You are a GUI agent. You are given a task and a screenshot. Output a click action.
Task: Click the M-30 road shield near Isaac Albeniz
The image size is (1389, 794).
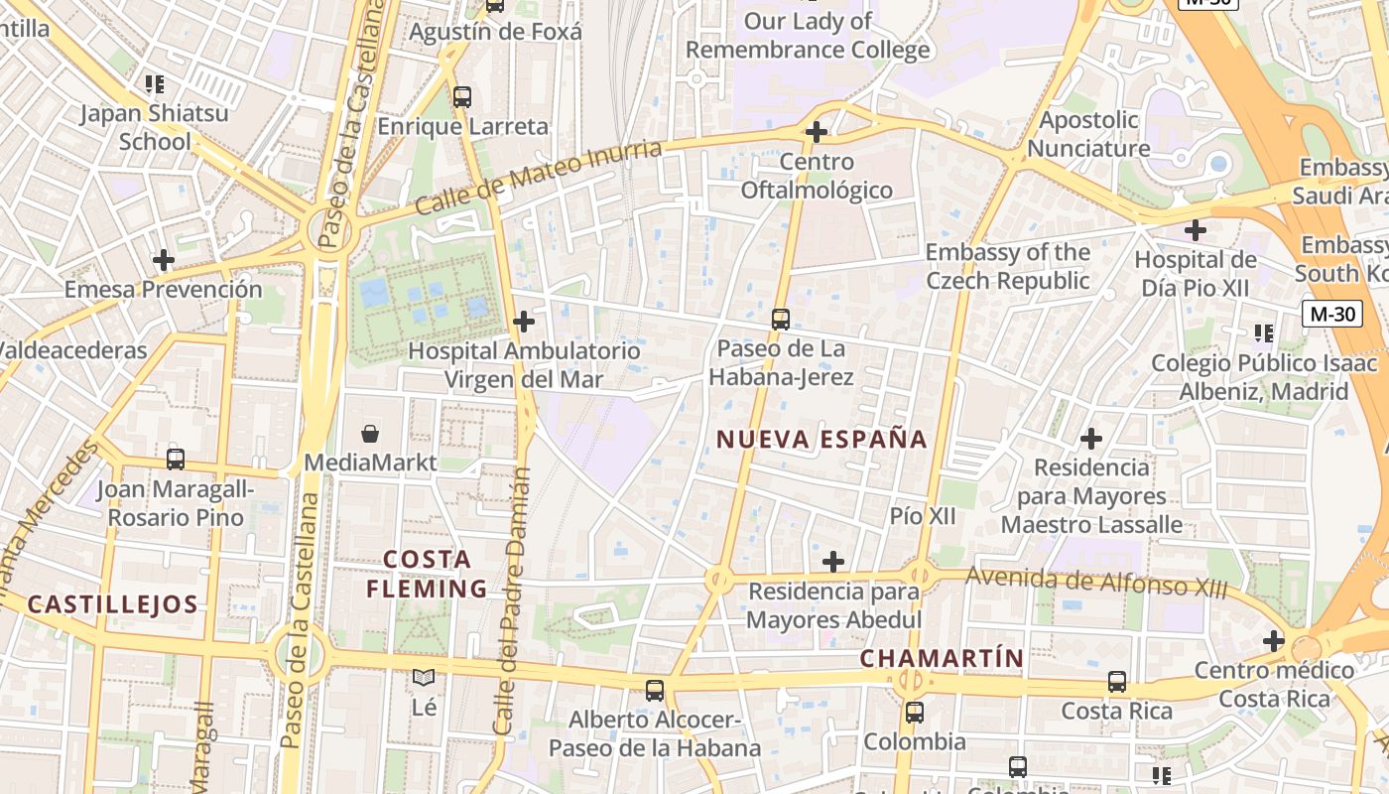click(x=1332, y=315)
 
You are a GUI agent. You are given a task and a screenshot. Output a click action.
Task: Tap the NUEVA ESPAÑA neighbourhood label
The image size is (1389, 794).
click(x=821, y=439)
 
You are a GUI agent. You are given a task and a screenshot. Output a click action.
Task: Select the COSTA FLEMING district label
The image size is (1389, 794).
click(x=427, y=574)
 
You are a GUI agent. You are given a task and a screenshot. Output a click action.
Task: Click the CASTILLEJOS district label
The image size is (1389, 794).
click(x=112, y=604)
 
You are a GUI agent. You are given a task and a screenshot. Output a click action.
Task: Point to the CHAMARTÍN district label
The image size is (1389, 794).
click(x=941, y=658)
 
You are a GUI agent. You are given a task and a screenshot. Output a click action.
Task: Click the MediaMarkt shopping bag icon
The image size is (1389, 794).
click(x=370, y=434)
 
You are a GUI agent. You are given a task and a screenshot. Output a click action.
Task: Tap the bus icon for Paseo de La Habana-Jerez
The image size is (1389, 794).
click(x=781, y=320)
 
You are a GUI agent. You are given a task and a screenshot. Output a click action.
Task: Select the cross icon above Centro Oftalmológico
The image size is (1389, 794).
click(x=817, y=131)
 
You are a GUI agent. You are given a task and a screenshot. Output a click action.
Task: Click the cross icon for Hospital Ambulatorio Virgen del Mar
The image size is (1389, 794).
click(x=524, y=322)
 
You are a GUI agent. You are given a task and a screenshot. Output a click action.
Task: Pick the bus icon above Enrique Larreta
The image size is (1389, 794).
click(x=462, y=97)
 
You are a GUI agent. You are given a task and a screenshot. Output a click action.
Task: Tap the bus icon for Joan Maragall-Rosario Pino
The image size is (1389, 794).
click(x=176, y=460)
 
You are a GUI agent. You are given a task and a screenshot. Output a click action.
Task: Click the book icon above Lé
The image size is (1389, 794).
click(x=424, y=678)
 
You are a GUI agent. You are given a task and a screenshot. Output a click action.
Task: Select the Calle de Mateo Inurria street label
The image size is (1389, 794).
click(x=538, y=178)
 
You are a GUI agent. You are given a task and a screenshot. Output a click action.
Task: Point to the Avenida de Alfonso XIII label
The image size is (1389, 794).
click(x=1096, y=582)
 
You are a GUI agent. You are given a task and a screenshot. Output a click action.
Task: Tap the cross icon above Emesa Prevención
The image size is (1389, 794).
click(x=164, y=261)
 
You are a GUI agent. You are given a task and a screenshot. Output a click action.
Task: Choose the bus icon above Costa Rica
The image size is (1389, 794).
click(x=1117, y=682)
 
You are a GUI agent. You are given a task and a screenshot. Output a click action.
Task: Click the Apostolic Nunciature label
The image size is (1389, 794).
click(x=1088, y=134)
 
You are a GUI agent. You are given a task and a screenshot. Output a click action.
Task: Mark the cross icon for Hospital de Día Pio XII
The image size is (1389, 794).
click(x=1196, y=231)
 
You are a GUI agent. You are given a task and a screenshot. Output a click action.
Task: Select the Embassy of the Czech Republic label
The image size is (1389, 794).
click(x=1007, y=266)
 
